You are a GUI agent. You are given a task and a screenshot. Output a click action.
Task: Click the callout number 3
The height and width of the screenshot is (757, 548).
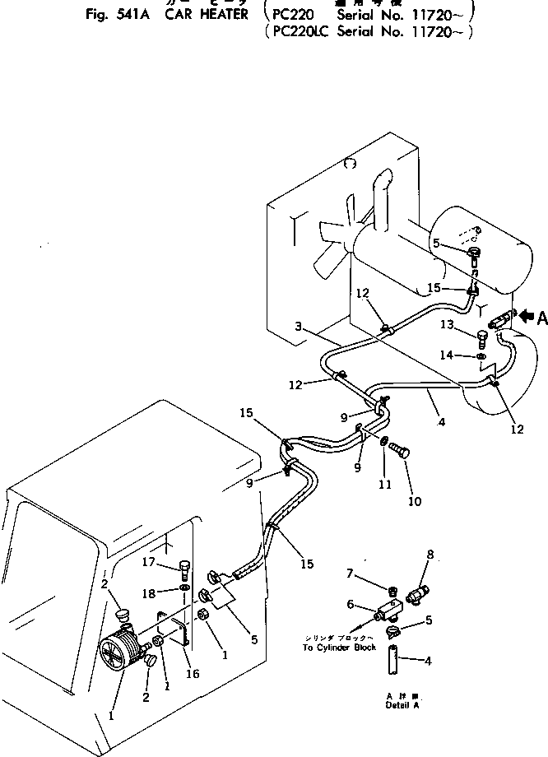(x=300, y=327)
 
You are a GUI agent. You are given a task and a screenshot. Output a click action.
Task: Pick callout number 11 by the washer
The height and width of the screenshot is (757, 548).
(x=384, y=485)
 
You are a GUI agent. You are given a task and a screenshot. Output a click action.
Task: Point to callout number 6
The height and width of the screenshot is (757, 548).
(x=351, y=605)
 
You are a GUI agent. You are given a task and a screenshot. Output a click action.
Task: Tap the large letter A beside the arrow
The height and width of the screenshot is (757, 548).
(x=542, y=318)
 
